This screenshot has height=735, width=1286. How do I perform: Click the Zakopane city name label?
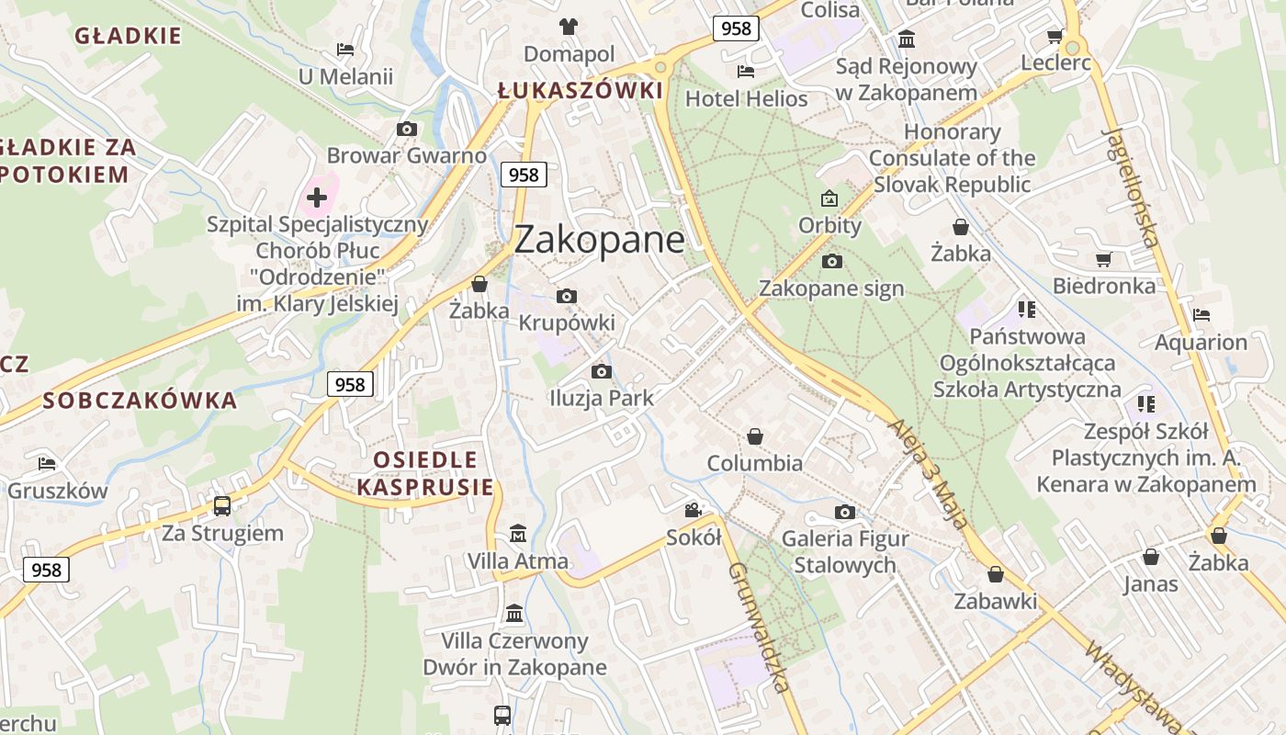coord(599,240)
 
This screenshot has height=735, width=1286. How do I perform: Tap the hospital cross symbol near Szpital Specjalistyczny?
coord(317,197)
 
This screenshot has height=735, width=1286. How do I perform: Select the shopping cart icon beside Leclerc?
coord(1055,36)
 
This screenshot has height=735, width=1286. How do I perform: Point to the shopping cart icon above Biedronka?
coord(1103,260)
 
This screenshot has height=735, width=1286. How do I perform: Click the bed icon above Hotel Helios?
coord(746,71)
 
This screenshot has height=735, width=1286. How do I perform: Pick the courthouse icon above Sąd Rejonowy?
coord(907,39)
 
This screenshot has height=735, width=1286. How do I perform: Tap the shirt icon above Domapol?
coord(569,26)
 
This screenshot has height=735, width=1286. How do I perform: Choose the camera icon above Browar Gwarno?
coord(406,130)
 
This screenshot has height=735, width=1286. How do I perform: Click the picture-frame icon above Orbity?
coord(829,198)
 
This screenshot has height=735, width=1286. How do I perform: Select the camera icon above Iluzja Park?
coord(602,371)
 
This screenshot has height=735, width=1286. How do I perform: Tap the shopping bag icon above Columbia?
coord(755,435)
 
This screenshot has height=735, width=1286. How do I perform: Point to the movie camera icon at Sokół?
coord(693,510)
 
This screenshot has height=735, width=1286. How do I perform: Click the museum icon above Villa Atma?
coord(518,533)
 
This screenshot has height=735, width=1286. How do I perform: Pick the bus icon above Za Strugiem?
coord(222,505)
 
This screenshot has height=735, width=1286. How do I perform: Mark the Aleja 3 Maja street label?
coord(928,474)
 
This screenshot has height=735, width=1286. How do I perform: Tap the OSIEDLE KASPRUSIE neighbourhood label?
coord(425,473)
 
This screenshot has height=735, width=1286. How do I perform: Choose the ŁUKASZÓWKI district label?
coord(580,91)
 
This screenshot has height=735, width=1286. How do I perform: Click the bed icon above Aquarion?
coord(1201,315)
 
